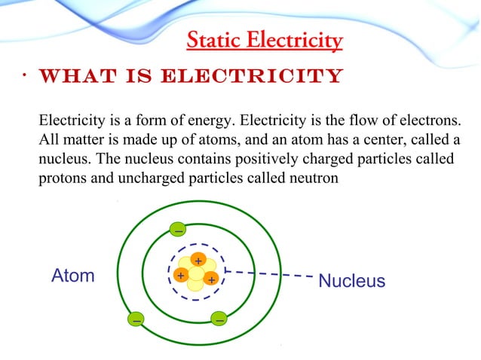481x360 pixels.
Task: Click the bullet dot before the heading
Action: tap(25, 76)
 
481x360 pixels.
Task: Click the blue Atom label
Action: tap(72, 276)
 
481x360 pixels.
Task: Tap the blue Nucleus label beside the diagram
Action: tap(351, 281)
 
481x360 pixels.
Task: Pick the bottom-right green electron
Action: tap(219, 319)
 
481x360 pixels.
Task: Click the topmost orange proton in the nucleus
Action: tap(198, 261)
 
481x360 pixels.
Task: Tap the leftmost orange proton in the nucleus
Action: tap(181, 276)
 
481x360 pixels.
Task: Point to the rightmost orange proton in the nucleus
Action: tap(212, 279)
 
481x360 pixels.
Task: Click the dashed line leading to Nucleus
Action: tap(271, 274)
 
